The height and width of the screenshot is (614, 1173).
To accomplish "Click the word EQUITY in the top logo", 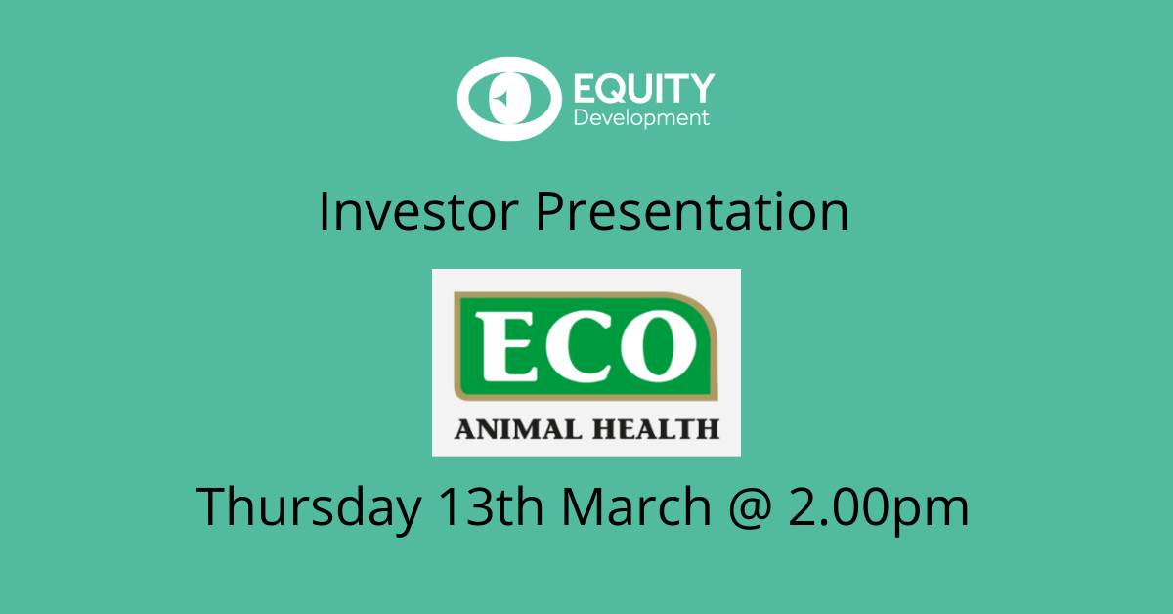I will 643,90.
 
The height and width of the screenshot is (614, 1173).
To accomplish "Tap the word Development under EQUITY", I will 640,119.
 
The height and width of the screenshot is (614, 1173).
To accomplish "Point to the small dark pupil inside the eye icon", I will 500,99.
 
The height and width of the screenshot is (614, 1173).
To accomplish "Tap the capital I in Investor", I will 325,212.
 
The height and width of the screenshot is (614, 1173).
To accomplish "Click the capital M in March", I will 585,506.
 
